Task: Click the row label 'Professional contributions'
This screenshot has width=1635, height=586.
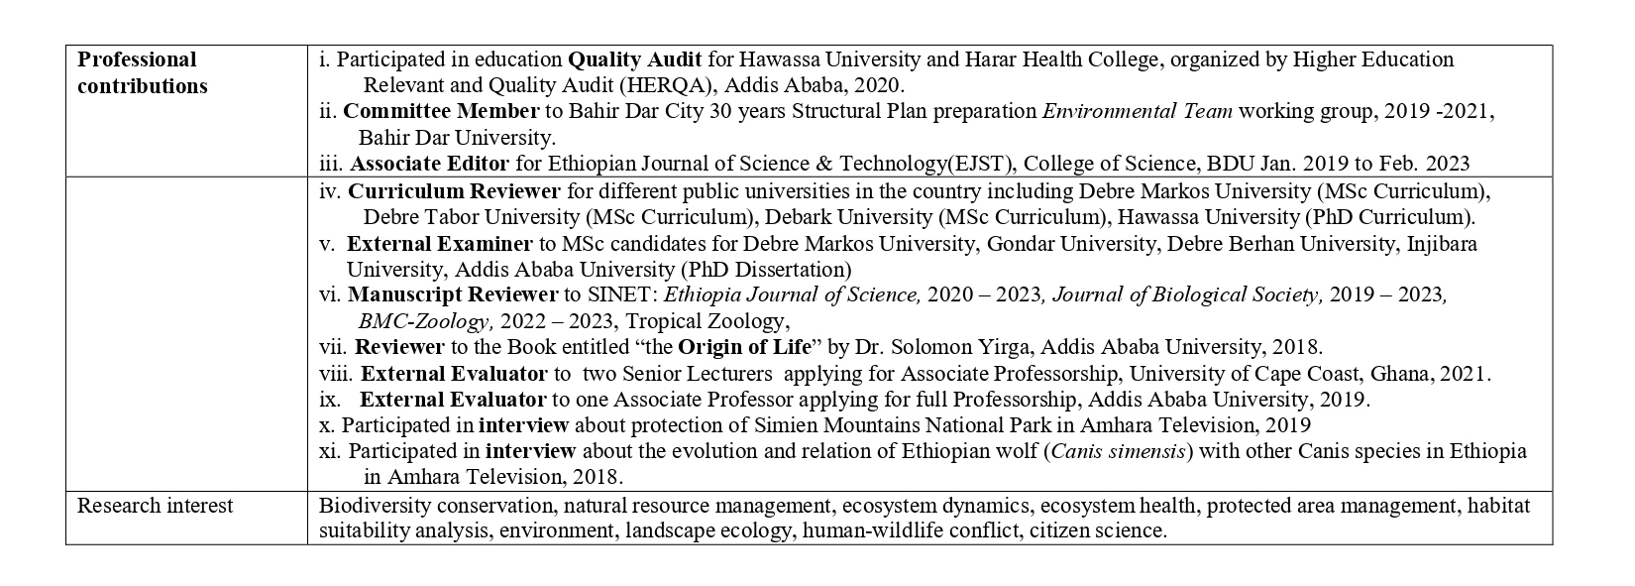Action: [142, 72]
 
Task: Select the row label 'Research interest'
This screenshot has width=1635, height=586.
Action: [155, 506]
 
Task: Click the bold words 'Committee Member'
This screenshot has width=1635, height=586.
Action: [441, 111]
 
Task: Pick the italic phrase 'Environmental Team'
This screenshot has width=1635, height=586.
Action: [1138, 111]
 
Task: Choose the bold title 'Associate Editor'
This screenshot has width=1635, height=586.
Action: [429, 164]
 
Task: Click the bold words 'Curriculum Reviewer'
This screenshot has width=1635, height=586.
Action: [454, 190]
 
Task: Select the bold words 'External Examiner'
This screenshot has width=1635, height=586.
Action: [440, 243]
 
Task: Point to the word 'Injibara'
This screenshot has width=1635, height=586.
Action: [1442, 243]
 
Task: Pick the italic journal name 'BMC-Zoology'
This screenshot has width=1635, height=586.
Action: [425, 321]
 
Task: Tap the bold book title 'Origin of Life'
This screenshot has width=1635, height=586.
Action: [746, 347]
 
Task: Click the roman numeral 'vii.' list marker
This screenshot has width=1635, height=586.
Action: [334, 347]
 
